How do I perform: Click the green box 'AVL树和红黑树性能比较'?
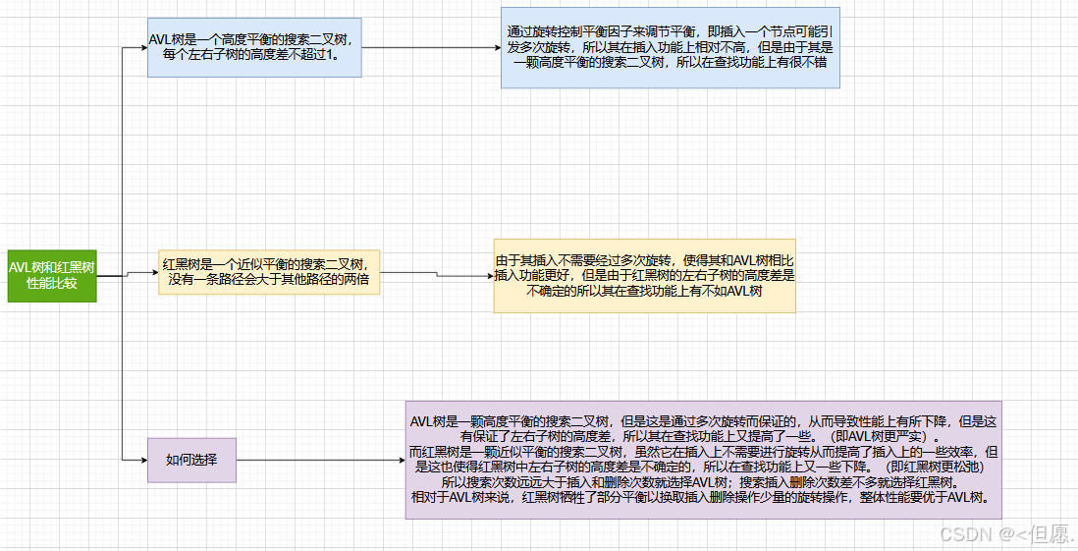pos(52,274)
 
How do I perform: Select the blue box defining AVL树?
pos(254,47)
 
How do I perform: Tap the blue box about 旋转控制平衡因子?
pos(670,53)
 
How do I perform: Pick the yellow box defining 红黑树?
pos(269,272)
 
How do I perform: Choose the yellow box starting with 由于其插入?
pos(644,276)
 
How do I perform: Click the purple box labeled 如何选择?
pos(191,459)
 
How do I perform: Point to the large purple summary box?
pos(703,459)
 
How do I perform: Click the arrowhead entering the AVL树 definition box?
pos(142,47)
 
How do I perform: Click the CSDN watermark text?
pos(1006,533)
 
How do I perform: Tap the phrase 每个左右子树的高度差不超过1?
pos(254,56)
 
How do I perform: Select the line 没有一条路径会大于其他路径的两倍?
pos(269,281)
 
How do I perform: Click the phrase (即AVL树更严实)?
pos(884,436)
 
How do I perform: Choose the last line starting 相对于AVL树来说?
pos(703,497)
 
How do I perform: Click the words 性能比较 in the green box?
pos(52,283)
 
